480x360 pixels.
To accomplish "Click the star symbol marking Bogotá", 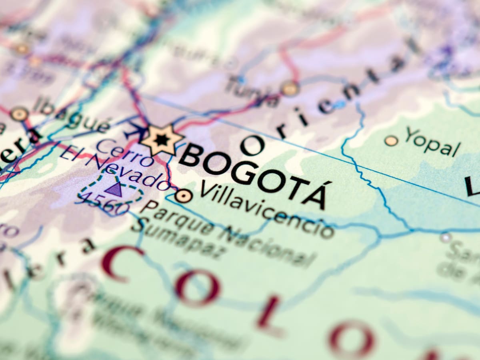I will coord(162,140).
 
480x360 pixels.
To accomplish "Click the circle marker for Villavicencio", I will coord(183,196).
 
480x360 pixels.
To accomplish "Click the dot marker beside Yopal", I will coord(391,140).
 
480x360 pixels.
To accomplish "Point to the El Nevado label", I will coord(116,168).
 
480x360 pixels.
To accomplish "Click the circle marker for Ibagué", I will coord(19,114).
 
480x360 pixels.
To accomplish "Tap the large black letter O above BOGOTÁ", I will coord(252,145).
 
